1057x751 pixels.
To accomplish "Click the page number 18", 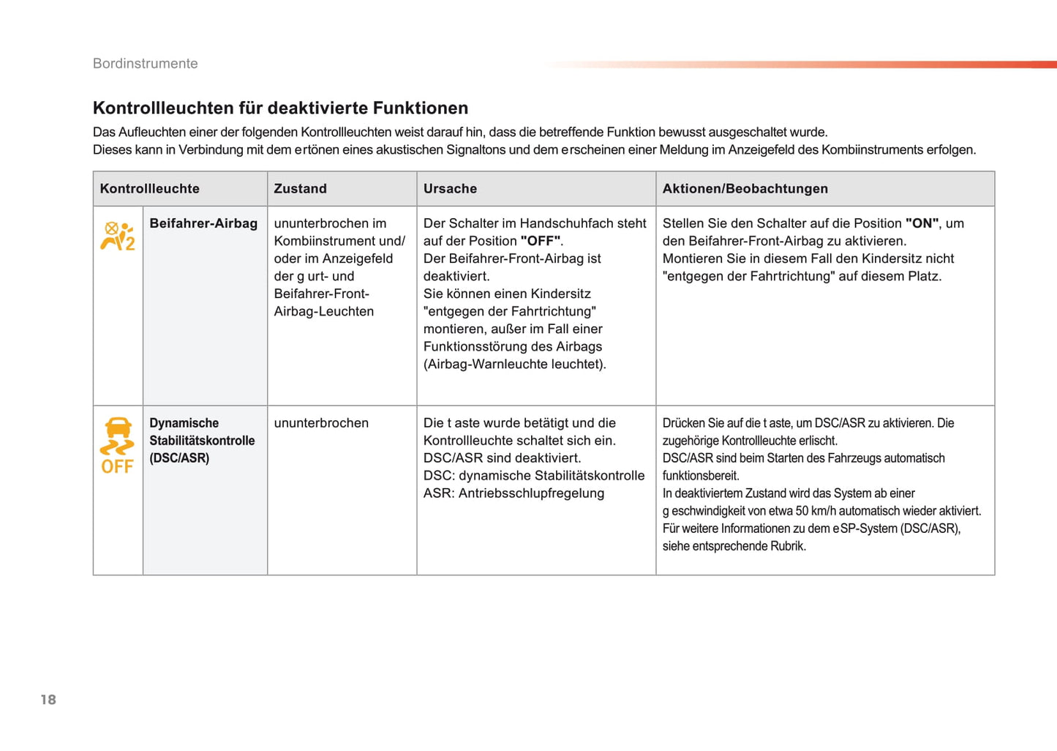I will click(48, 700).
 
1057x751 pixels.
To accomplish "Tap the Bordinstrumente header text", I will click(145, 64).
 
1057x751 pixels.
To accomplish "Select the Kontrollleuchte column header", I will click(149, 189).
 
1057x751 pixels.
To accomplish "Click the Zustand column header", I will click(300, 189).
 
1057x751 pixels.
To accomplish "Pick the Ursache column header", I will click(450, 189).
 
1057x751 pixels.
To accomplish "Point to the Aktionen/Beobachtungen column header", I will click(745, 189).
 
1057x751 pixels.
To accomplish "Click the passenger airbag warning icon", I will click(117, 236).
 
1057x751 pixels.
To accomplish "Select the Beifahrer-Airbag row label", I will click(203, 224).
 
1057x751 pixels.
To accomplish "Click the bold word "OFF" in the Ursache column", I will click(541, 242).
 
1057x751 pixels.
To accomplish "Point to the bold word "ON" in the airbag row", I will click(922, 224).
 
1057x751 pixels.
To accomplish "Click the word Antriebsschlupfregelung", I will click(531, 493).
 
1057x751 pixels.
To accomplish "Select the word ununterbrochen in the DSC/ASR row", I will click(321, 423).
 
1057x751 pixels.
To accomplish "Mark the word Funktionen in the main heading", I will click(420, 108).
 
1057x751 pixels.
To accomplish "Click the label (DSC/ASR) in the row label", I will click(179, 458).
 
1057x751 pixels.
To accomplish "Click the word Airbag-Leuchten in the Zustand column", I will click(323, 312).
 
